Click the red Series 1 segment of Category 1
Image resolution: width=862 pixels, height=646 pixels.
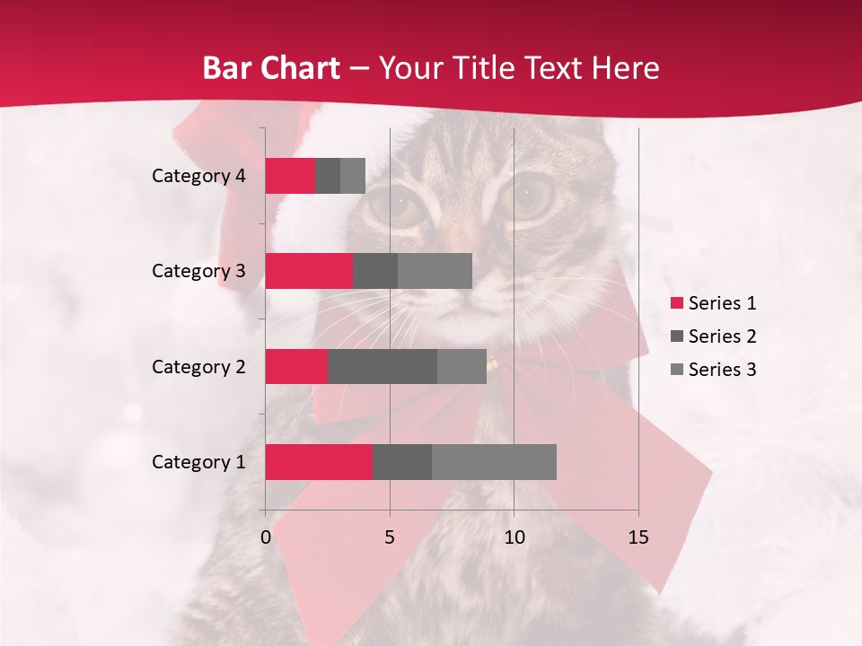(319, 462)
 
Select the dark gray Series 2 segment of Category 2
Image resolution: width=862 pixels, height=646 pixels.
(383, 366)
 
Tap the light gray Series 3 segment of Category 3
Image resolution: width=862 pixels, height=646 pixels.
(435, 271)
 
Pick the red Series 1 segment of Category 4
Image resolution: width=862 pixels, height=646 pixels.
(290, 176)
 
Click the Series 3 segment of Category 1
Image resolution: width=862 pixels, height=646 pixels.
(494, 462)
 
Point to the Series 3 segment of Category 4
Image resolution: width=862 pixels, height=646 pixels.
(353, 176)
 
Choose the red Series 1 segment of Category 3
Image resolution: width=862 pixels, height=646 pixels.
(309, 271)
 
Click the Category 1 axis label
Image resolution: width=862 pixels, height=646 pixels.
(198, 462)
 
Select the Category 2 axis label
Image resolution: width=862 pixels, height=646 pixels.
(198, 366)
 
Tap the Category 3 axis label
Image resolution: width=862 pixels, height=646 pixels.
(198, 271)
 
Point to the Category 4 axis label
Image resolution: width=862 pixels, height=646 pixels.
(198, 176)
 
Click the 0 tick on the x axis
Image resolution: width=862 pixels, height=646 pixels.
(266, 537)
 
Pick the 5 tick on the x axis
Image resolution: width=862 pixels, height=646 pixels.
(390, 537)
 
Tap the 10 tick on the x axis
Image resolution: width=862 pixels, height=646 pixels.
(514, 537)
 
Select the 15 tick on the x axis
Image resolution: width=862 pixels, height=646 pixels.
(638, 537)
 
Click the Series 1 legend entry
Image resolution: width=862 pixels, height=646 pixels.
(714, 303)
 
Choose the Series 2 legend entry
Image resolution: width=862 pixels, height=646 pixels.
(714, 336)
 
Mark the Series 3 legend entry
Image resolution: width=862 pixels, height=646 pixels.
(714, 370)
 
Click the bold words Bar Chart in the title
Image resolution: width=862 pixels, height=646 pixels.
(270, 68)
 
